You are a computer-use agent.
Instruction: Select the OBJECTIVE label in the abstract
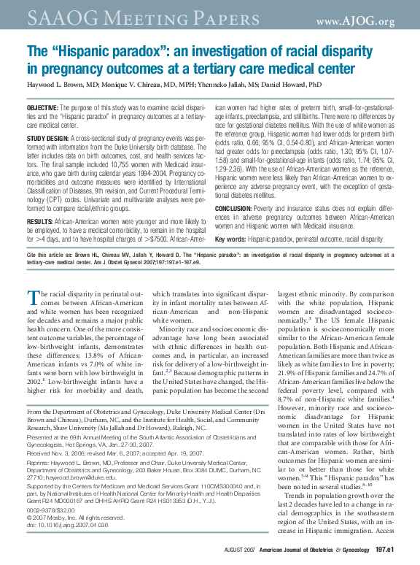coord(42,108)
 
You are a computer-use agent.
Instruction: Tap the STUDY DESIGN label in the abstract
coord(48,138)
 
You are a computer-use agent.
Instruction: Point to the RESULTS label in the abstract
coord(39,220)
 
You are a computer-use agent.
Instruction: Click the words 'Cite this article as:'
coord(53,256)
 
